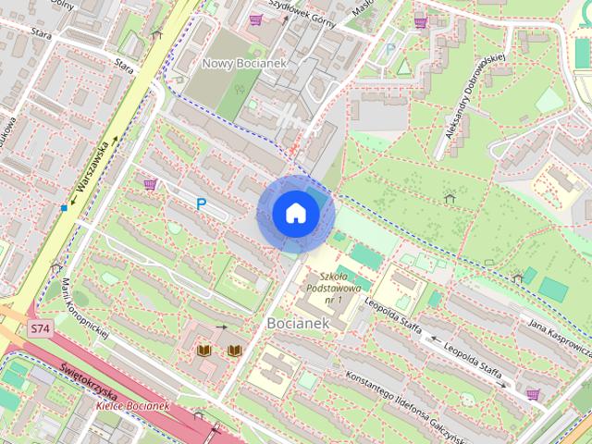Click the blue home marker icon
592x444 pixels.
pyautogui.click(x=295, y=214)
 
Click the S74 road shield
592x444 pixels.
pyautogui.click(x=39, y=328)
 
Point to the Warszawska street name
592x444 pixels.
pyautogui.click(x=95, y=166)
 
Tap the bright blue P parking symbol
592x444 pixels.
pyautogui.click(x=200, y=203)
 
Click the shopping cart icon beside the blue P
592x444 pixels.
pyautogui.click(x=150, y=185)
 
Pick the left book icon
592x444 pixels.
pyautogui.click(x=206, y=351)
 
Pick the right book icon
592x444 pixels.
pyautogui.click(x=235, y=351)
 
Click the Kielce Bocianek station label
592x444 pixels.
pyautogui.click(x=135, y=406)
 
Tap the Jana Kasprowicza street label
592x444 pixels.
pyautogui.click(x=560, y=337)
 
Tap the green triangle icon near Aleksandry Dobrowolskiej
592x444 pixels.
pyautogui.click(x=403, y=67)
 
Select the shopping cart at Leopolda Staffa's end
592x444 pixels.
pyautogui.click(x=533, y=395)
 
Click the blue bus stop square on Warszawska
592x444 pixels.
pyautogui.click(x=64, y=207)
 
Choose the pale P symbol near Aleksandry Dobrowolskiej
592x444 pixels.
pyautogui.click(x=390, y=48)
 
